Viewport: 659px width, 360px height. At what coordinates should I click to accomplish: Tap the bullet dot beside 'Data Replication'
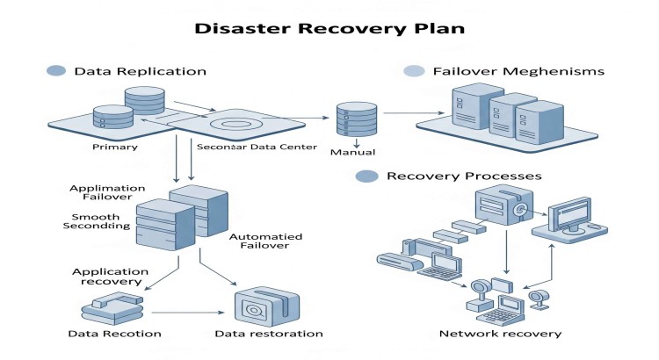point(55,70)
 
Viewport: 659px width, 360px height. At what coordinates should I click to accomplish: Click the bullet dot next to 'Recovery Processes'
point(364,176)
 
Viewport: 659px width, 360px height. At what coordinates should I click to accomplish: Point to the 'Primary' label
point(114,148)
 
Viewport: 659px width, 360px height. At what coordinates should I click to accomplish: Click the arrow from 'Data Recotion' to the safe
point(185,312)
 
